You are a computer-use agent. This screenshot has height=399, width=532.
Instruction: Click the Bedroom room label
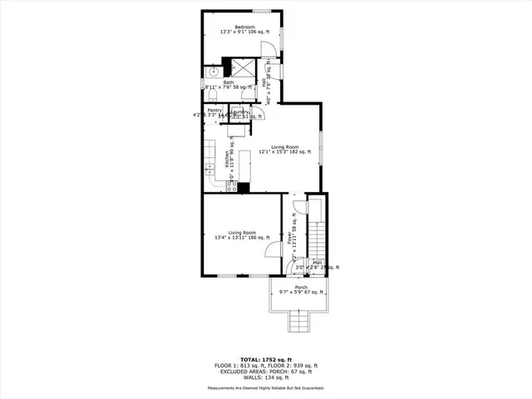[244, 27]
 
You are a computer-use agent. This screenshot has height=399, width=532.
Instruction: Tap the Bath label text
[228, 82]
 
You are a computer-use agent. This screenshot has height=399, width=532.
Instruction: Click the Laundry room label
[241, 110]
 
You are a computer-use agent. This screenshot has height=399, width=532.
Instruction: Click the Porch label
[300, 288]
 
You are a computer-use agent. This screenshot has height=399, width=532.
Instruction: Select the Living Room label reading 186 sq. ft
[242, 232]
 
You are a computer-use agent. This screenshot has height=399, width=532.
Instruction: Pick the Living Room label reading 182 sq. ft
[285, 147]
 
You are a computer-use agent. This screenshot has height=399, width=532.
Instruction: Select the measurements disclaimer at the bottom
[265, 388]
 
